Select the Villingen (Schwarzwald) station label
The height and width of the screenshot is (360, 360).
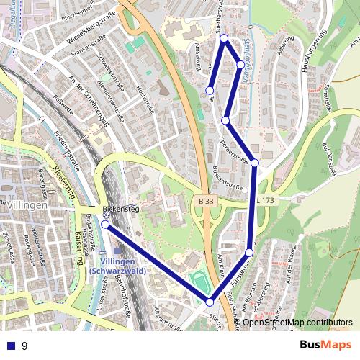(x=120, y=265)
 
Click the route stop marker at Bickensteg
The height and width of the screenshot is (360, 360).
(x=105, y=225)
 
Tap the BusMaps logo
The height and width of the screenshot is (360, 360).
(x=325, y=345)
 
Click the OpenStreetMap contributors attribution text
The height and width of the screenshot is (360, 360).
(x=297, y=323)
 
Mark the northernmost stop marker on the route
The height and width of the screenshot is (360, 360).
(x=224, y=37)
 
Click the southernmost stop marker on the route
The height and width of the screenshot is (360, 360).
(x=210, y=301)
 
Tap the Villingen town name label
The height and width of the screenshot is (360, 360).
(x=29, y=204)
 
